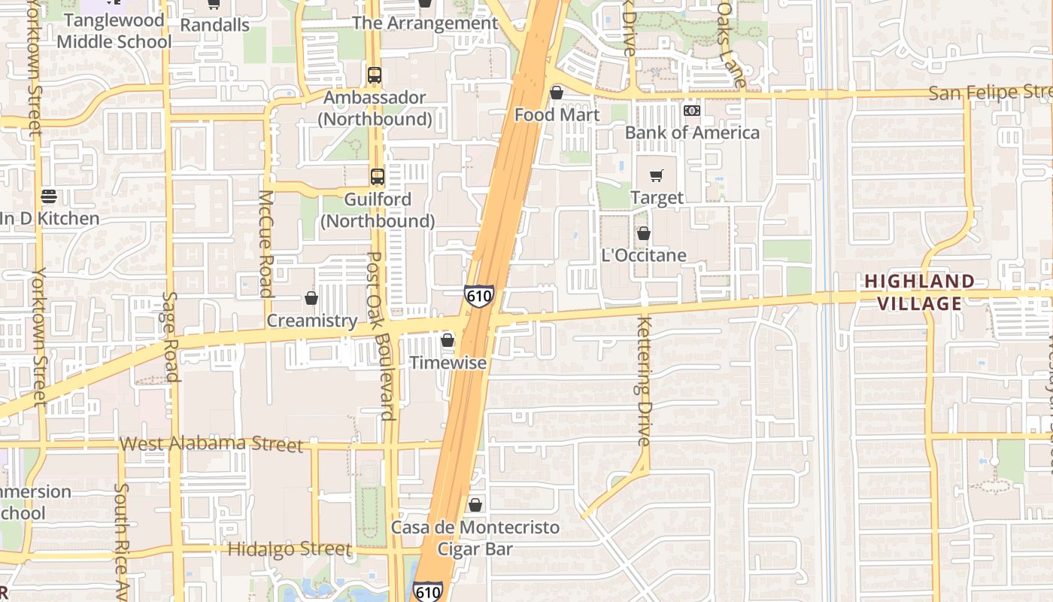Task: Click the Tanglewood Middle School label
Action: (114, 31)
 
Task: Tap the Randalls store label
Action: (215, 25)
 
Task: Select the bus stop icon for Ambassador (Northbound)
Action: (375, 75)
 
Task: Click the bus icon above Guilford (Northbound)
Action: (378, 177)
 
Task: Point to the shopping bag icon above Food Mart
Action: (557, 93)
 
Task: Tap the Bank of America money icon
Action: (692, 111)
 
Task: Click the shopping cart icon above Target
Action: (657, 176)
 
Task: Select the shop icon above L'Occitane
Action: (644, 233)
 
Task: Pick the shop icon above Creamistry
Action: (311, 298)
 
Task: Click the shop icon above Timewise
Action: (448, 340)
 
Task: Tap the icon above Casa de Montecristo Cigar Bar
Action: (475, 504)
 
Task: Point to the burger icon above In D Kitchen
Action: (49, 196)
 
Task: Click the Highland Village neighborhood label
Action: (919, 293)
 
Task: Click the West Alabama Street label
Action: (211, 443)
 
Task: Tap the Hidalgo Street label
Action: (290, 549)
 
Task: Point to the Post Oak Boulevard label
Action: (381, 336)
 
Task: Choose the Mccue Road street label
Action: (266, 242)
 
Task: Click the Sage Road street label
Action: (171, 336)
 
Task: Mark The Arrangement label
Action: (425, 23)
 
